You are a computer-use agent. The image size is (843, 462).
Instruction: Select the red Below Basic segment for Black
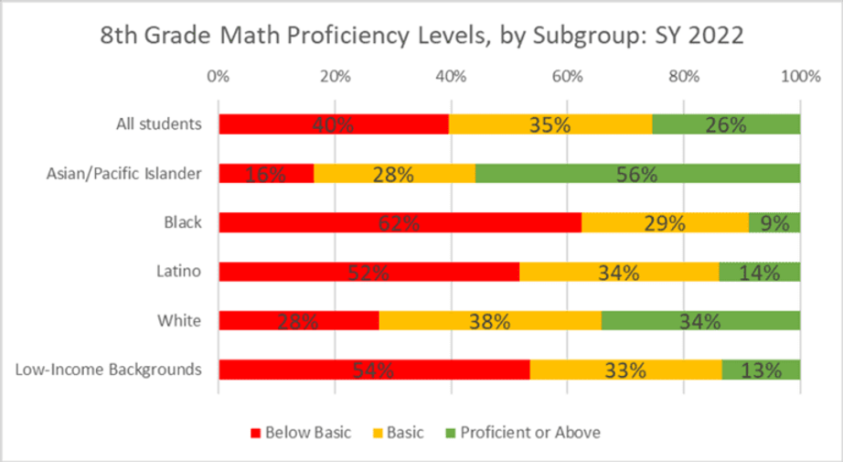tap(400, 222)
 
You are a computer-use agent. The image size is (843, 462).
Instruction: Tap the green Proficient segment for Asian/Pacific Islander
tap(637, 173)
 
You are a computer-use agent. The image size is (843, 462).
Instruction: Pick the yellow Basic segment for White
tap(490, 320)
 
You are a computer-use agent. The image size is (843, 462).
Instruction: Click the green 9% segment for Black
tap(774, 222)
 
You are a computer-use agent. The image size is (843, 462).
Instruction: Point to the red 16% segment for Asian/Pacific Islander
tap(266, 173)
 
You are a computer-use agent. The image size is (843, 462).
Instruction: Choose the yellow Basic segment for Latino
tap(619, 272)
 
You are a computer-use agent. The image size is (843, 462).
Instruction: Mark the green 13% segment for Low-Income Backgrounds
tap(761, 370)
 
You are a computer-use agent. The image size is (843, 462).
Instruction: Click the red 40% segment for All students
tap(334, 124)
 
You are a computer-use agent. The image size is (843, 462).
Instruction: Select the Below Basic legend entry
tap(299, 432)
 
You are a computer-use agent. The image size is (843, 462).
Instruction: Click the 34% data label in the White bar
tap(700, 321)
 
